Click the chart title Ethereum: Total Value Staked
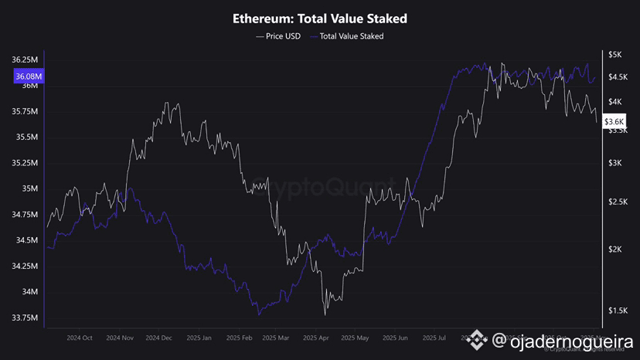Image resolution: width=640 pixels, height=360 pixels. pos(320,18)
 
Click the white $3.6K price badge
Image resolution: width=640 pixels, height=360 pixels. pos(614,121)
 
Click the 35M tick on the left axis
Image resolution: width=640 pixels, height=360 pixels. pos(31,188)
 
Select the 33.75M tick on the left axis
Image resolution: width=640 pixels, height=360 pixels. pos(26,318)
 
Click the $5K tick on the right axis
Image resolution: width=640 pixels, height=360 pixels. pos(615,55)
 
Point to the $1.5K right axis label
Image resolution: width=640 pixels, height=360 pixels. pos(618,311)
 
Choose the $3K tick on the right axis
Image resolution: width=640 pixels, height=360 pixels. pos(615,163)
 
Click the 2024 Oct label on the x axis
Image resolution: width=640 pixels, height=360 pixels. pos(80,338)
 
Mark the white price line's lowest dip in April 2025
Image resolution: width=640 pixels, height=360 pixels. pos(325,314)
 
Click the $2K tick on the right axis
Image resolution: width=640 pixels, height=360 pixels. pos(615,249)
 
